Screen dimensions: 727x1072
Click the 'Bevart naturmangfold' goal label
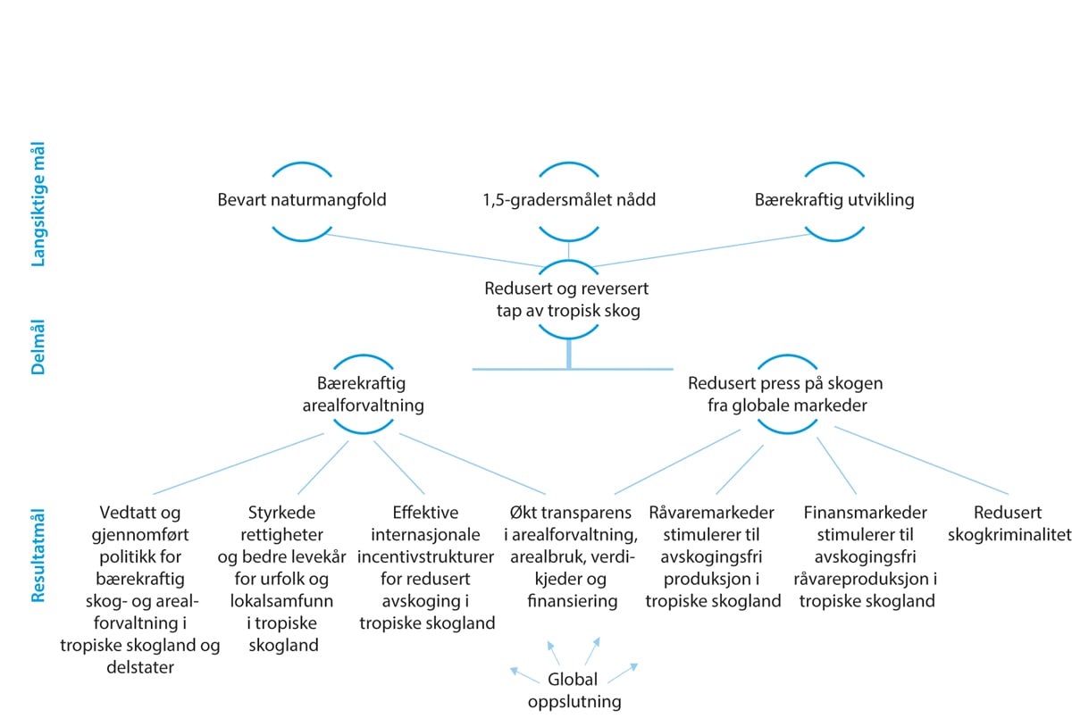click(x=302, y=200)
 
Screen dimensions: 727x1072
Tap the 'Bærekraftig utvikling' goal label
click(x=833, y=200)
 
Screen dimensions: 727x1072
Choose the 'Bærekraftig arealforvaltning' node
click(x=361, y=394)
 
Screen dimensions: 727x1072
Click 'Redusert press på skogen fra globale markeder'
click(x=785, y=394)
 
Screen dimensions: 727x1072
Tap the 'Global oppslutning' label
click(x=574, y=690)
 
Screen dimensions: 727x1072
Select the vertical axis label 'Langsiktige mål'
click(x=38, y=206)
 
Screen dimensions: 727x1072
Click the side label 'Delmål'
click(x=38, y=343)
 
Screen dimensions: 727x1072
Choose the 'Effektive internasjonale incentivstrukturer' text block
click(x=426, y=568)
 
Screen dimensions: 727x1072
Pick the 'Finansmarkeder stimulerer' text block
click(x=865, y=556)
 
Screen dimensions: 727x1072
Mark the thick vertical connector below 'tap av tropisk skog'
click(x=568, y=354)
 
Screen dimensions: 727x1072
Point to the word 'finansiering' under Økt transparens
click(x=573, y=601)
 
